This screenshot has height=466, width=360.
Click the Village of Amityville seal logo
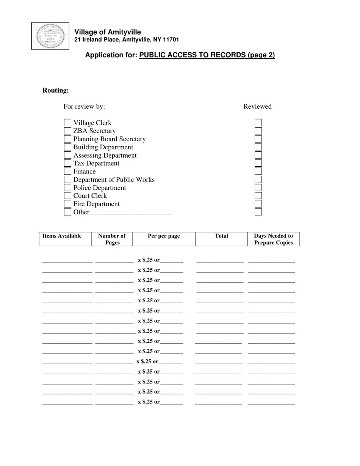click(x=50, y=36)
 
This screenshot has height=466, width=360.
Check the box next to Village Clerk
click(x=67, y=123)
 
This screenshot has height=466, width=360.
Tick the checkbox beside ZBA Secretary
click(x=67, y=131)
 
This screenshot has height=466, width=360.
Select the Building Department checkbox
click(x=67, y=147)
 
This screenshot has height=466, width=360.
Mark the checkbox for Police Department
click(x=67, y=188)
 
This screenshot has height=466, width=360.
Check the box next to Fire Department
click(x=67, y=204)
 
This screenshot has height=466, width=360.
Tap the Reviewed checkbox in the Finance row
click(x=258, y=171)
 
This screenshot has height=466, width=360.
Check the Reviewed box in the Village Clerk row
click(x=258, y=123)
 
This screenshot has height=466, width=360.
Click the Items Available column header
click(x=62, y=236)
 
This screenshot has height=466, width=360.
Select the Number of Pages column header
click(x=112, y=239)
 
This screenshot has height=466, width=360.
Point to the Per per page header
click(x=164, y=236)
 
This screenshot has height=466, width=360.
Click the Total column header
click(x=221, y=236)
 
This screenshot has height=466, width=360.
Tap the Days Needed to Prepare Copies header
click(x=273, y=239)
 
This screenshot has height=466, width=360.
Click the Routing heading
click(x=56, y=90)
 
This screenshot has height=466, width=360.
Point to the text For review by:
click(x=84, y=106)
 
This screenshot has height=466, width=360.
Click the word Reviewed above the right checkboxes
click(x=257, y=106)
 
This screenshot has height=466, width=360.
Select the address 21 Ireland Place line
click(x=127, y=40)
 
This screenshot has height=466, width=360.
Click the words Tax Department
click(x=96, y=163)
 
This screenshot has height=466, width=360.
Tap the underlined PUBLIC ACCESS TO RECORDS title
click(x=207, y=55)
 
